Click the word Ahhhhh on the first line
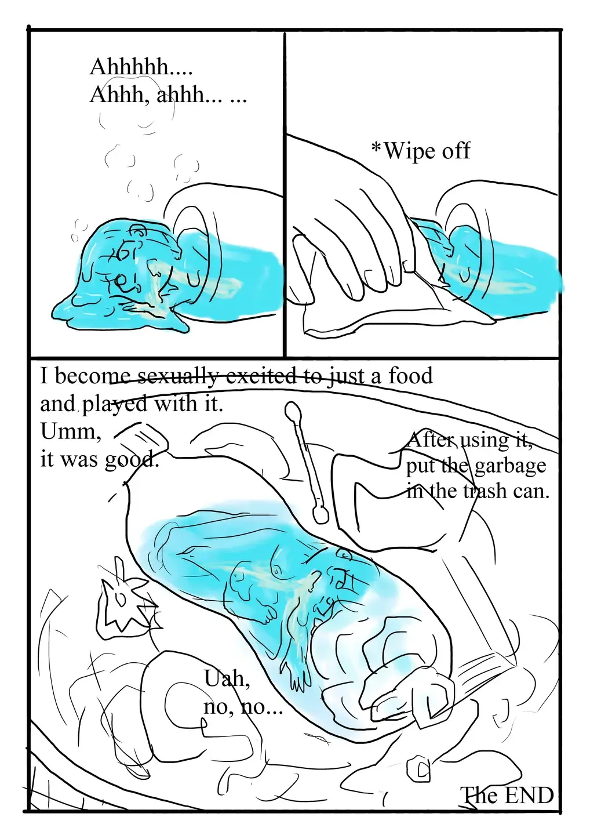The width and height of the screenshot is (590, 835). (129, 67)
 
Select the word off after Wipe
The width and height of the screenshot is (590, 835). (456, 151)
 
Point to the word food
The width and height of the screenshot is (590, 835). (410, 376)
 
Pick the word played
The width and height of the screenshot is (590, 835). (114, 404)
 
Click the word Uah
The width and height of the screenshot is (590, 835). (225, 678)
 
